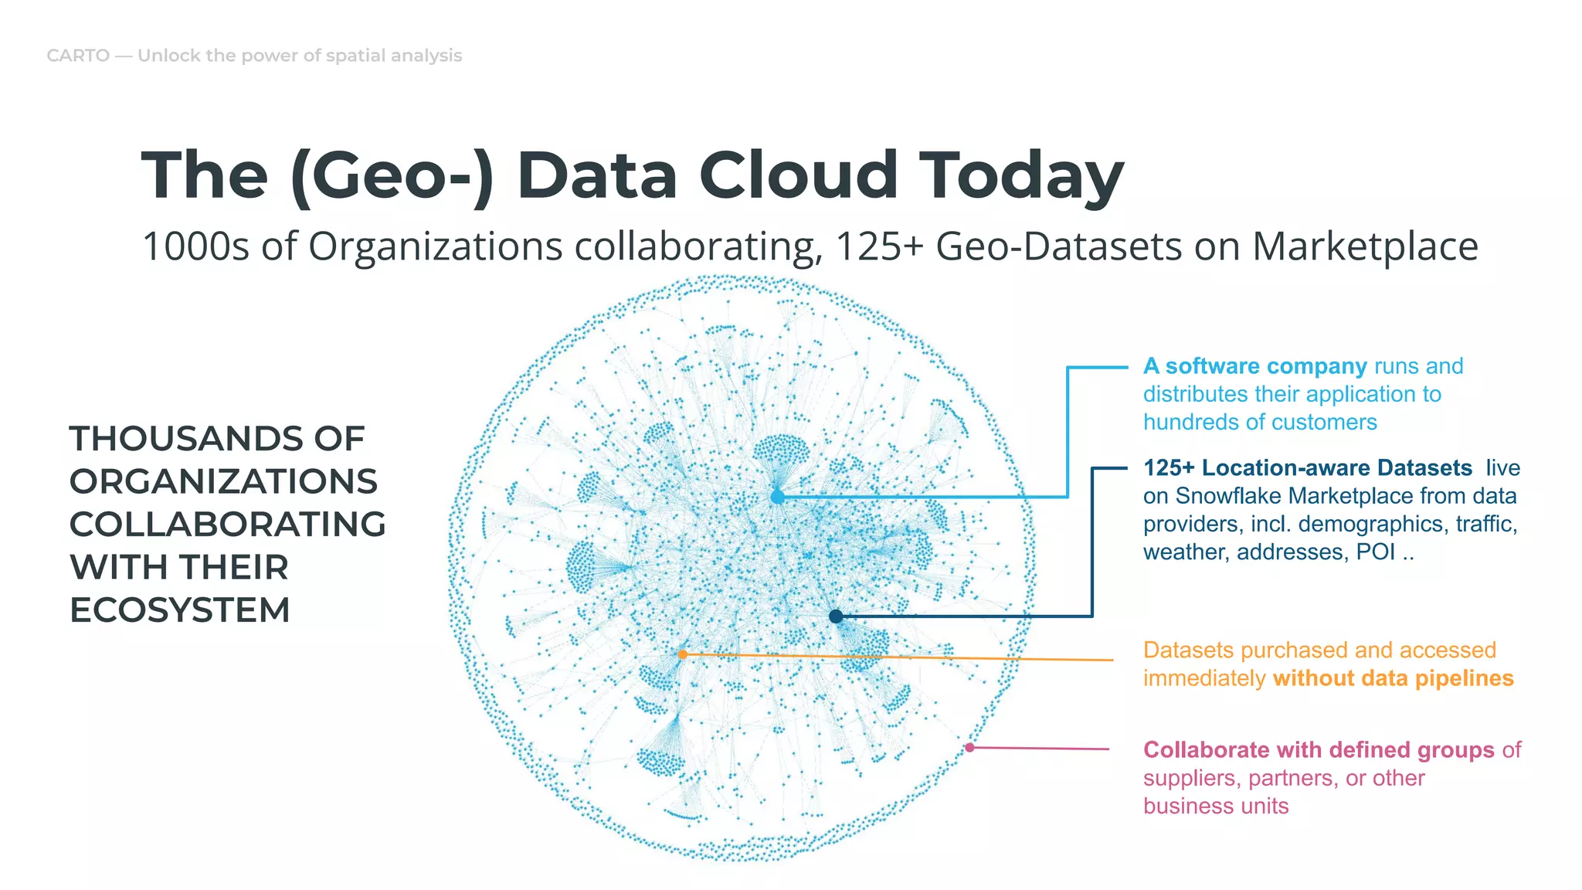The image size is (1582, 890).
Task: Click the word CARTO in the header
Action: pos(78,56)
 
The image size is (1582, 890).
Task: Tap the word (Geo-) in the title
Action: pos(392,175)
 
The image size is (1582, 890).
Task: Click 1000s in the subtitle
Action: pos(195,247)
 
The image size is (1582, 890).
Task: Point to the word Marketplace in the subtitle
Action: pos(1364,247)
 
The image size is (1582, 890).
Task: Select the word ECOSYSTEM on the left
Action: pos(179,610)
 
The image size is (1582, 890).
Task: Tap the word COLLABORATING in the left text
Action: pos(227,525)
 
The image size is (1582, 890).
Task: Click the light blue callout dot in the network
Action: pos(777,498)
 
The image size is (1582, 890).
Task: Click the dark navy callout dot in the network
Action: pos(836,617)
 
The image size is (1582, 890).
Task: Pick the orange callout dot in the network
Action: pos(683,654)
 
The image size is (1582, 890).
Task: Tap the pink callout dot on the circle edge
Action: pos(969,747)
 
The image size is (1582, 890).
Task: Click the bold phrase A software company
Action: pos(1254,366)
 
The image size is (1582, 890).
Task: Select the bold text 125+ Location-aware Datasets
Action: pos(1308,468)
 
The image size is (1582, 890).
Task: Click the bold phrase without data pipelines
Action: pos(1393,678)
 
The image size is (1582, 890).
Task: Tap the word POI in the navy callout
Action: pos(1375,552)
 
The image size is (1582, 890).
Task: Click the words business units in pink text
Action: pos(1216,806)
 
